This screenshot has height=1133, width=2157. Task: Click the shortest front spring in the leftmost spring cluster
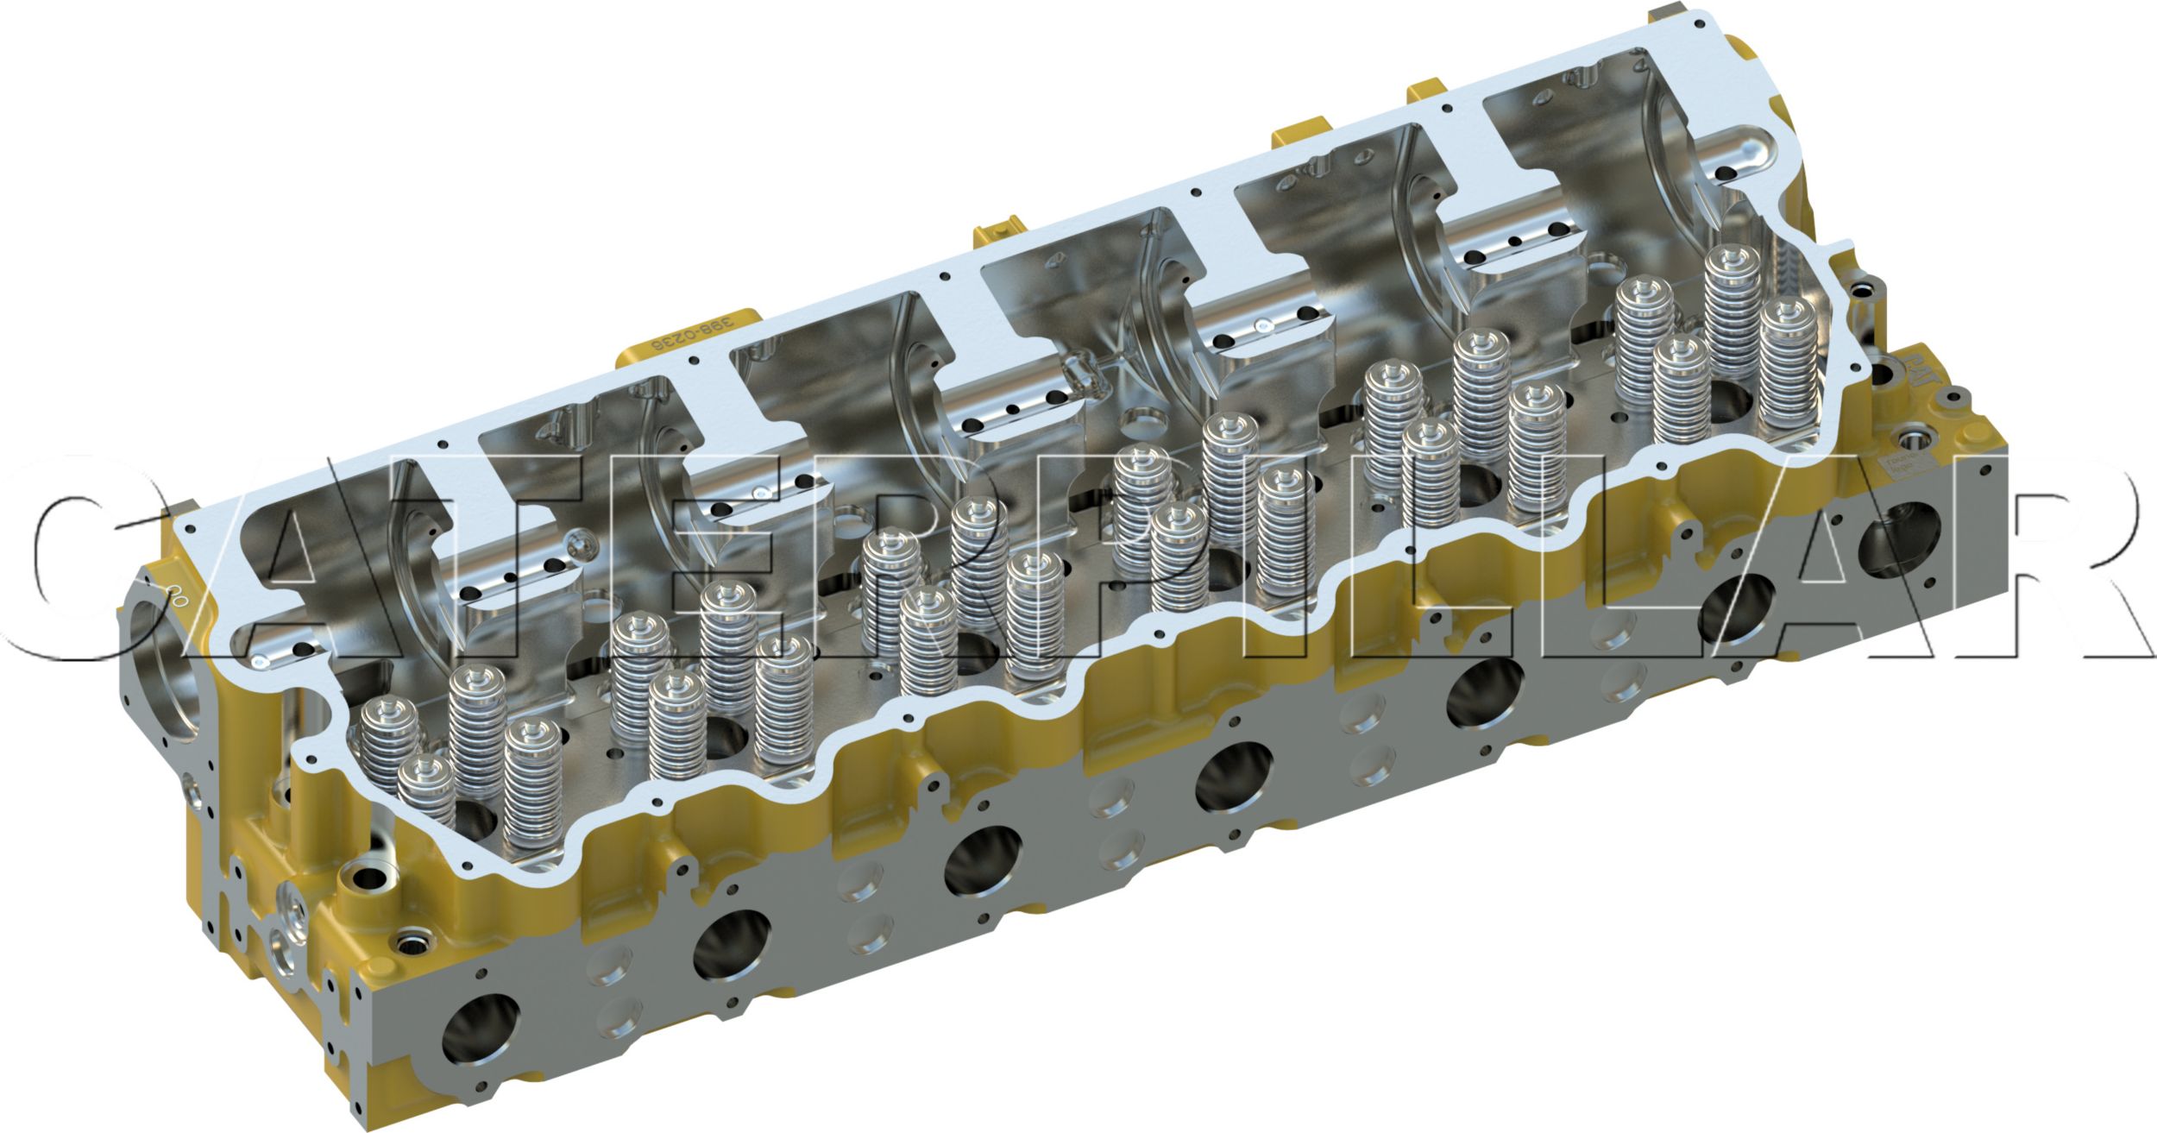click(x=426, y=790)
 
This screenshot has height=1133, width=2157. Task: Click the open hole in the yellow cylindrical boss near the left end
click(x=372, y=881)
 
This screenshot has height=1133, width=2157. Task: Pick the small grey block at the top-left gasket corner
click(x=186, y=505)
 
